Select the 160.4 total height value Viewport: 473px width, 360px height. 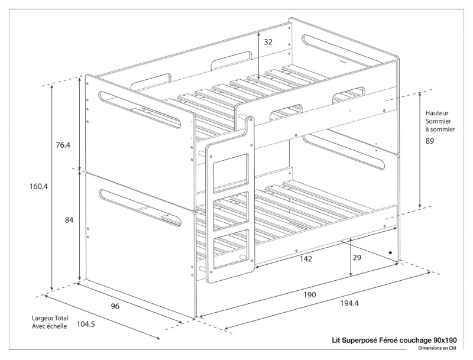[x=38, y=186]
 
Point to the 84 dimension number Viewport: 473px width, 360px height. [x=69, y=220]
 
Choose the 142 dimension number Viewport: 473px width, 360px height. [x=306, y=258]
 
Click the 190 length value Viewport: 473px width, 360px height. [x=310, y=294]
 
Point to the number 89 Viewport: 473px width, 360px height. [x=430, y=141]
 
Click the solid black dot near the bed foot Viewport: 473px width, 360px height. [x=391, y=252]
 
